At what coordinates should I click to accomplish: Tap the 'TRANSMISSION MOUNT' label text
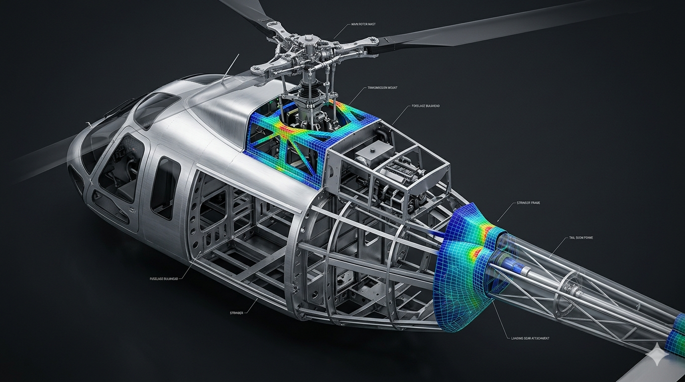382,88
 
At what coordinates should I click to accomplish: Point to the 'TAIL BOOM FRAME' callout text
580,238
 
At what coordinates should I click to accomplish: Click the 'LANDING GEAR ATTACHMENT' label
530,338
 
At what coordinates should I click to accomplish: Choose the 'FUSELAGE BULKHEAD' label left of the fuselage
166,279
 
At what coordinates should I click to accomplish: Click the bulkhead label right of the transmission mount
426,106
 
